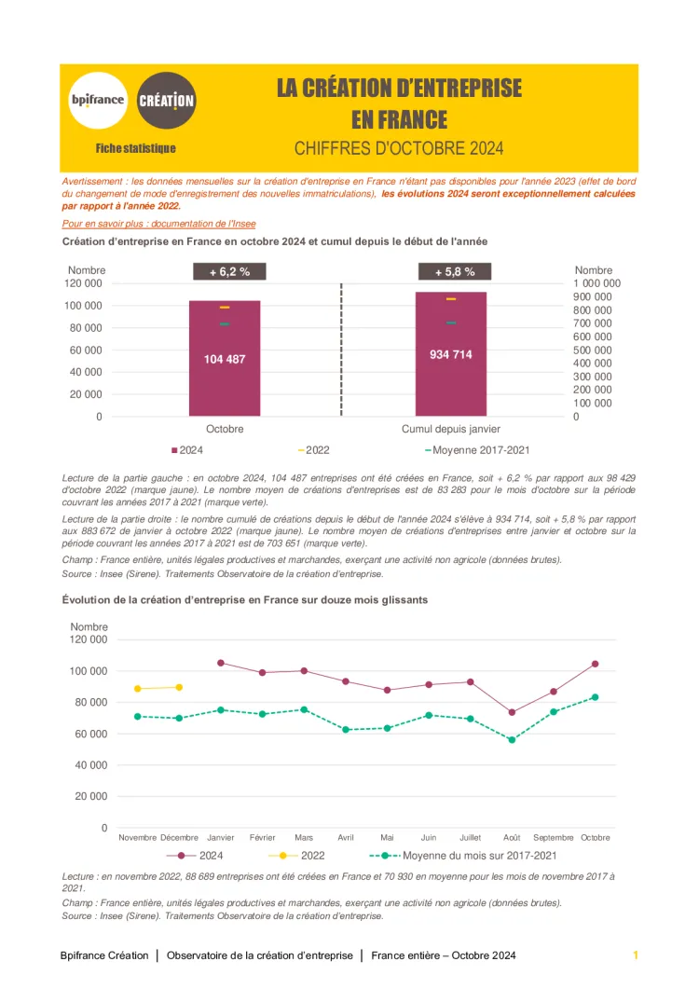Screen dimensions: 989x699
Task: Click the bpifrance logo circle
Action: pyautogui.click(x=97, y=100)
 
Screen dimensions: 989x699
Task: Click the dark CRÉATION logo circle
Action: pyautogui.click(x=166, y=100)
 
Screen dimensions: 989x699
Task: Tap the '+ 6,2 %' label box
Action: pyautogui.click(x=228, y=272)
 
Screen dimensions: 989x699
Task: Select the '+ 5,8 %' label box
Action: pyautogui.click(x=455, y=272)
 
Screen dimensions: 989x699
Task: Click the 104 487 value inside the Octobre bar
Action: pyautogui.click(x=225, y=359)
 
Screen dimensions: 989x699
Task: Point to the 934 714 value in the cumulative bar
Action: pyautogui.click(x=451, y=354)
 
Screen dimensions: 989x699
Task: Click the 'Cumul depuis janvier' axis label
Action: pyautogui.click(x=451, y=430)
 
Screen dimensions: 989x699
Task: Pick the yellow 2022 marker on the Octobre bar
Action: pyautogui.click(x=225, y=307)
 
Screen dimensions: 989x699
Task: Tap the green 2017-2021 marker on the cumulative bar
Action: pyautogui.click(x=451, y=323)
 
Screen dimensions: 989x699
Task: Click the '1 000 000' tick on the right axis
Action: pyautogui.click(x=596, y=283)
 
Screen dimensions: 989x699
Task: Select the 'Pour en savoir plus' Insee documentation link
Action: pyautogui.click(x=158, y=224)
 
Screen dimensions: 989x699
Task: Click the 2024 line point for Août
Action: pyautogui.click(x=512, y=712)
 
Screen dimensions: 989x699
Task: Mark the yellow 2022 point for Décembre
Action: pyautogui.click(x=179, y=687)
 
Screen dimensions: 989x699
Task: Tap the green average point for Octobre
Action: pyautogui.click(x=595, y=697)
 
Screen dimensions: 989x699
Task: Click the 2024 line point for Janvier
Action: pyautogui.click(x=221, y=663)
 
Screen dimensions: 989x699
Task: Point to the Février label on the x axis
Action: pyautogui.click(x=262, y=837)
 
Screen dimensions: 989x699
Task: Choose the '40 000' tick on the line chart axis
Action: pyautogui.click(x=89, y=765)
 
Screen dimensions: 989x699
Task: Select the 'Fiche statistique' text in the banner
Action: pyautogui.click(x=135, y=148)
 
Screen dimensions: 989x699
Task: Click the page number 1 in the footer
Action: pyautogui.click(x=636, y=955)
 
